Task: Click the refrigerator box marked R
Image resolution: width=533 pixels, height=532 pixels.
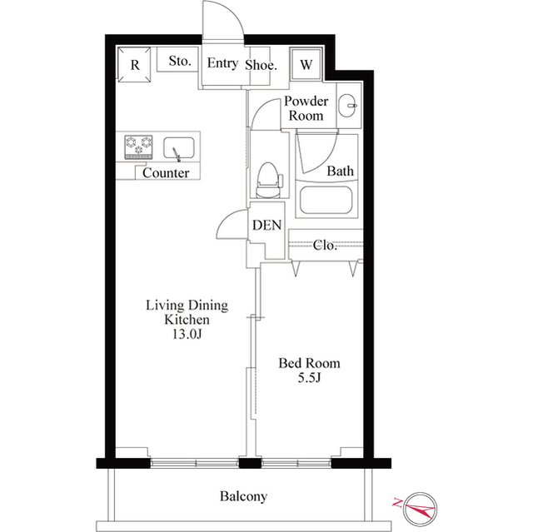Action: [x=134, y=64]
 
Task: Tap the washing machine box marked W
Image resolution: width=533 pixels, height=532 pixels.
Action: [x=306, y=64]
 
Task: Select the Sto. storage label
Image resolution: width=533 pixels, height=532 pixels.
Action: [x=180, y=61]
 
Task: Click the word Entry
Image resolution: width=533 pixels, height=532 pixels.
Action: [x=222, y=63]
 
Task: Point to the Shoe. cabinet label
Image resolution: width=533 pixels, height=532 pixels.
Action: [x=261, y=65]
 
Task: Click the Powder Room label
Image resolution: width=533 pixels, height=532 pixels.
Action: [x=306, y=108]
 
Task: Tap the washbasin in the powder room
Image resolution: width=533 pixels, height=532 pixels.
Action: [x=347, y=105]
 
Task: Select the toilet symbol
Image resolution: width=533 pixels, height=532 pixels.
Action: [x=268, y=180]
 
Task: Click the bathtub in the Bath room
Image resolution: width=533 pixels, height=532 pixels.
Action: [x=326, y=201]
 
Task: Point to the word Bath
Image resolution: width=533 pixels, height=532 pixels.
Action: [x=340, y=171]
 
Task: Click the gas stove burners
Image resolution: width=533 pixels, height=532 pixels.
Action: [x=139, y=147]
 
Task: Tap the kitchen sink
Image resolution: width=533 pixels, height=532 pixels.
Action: [x=179, y=148]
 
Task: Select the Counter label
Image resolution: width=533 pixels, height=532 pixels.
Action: [x=166, y=173]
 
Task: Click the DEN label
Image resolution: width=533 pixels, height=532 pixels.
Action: [x=266, y=225]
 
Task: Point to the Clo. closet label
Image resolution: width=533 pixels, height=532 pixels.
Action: [x=325, y=245]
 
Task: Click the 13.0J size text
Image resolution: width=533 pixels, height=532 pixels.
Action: [x=187, y=335]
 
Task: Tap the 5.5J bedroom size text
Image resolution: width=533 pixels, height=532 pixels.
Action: [x=309, y=378]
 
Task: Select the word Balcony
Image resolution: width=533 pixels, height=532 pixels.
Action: [x=243, y=497]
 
